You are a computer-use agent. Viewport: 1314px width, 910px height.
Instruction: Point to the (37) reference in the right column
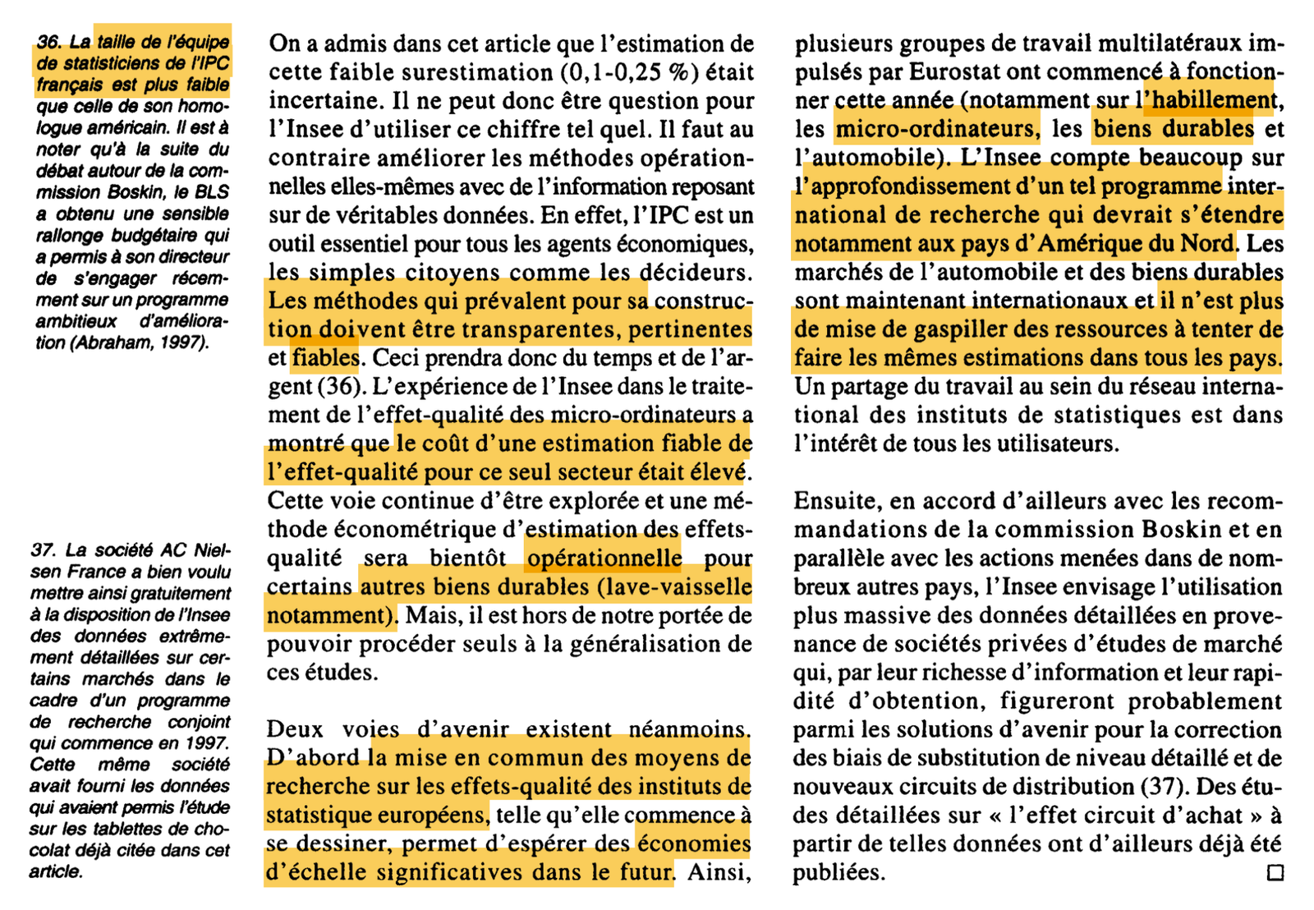(x=1165, y=787)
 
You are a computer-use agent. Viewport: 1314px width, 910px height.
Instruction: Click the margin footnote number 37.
(x=43, y=550)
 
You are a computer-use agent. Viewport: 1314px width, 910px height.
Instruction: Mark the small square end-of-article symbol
(x=1275, y=872)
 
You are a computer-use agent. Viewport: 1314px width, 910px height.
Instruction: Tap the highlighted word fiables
(x=325, y=358)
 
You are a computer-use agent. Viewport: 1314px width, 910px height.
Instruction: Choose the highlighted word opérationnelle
(x=604, y=558)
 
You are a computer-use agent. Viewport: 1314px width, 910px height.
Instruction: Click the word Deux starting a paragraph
(x=295, y=729)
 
